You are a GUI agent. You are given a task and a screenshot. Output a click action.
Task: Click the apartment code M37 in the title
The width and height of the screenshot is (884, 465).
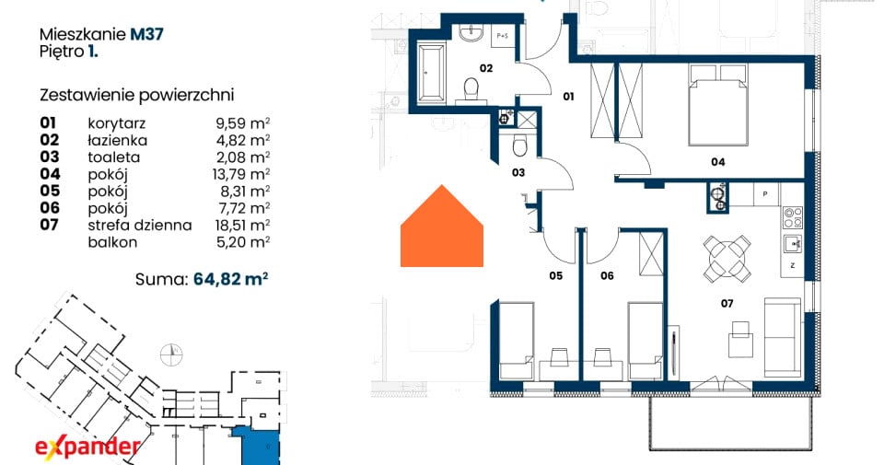click(x=146, y=34)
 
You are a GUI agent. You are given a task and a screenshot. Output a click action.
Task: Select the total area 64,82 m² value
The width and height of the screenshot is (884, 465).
click(x=230, y=278)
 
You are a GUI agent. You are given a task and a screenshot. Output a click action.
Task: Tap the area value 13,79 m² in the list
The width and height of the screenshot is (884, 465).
click(x=241, y=174)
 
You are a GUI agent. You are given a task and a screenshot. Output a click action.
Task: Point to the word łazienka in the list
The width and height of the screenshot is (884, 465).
click(x=117, y=140)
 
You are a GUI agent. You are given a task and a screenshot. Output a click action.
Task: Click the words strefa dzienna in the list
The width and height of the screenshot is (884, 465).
click(x=140, y=226)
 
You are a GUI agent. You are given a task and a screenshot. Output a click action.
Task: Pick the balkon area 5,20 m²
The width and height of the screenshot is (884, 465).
click(x=243, y=242)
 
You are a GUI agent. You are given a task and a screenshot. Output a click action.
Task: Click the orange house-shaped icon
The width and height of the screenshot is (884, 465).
click(x=442, y=226)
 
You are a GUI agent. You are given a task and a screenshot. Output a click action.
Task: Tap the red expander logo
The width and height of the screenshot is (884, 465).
click(x=87, y=448)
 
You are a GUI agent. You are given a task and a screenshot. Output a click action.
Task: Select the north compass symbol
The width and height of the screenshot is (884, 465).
click(x=171, y=354)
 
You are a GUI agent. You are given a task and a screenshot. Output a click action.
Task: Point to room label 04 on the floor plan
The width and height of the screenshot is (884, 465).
click(x=717, y=162)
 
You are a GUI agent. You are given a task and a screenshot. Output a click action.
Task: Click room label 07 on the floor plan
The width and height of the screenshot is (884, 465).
click(x=727, y=304)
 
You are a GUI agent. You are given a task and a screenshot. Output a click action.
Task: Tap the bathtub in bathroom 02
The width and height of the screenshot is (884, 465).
click(x=432, y=72)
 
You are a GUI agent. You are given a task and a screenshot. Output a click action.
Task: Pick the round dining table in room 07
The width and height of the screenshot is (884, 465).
click(x=727, y=258)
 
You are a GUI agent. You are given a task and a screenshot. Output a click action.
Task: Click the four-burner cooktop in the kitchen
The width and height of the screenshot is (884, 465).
click(x=793, y=217)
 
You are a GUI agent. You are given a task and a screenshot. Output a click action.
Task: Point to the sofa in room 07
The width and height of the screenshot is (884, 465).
click(x=783, y=336)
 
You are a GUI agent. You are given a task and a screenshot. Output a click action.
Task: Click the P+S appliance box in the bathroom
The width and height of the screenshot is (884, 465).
click(x=503, y=36)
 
